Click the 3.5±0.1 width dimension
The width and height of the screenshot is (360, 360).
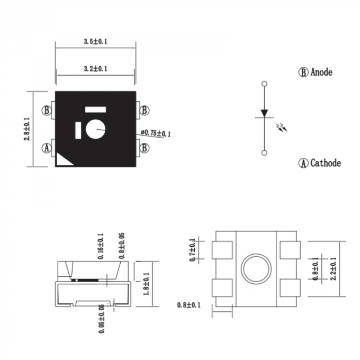(95, 41)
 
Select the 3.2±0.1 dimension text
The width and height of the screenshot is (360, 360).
(95, 69)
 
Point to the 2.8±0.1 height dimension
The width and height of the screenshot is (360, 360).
(27, 129)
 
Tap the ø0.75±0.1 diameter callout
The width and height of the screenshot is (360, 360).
(156, 133)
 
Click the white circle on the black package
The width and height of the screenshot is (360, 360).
(95, 129)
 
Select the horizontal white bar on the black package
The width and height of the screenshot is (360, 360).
(95, 110)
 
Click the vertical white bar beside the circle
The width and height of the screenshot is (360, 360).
(78, 130)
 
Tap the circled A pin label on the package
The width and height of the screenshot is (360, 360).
(47, 148)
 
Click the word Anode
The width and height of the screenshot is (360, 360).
(321, 72)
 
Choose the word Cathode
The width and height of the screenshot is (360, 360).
(326, 163)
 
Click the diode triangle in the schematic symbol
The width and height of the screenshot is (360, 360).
(264, 113)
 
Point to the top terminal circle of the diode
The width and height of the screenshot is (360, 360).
(264, 84)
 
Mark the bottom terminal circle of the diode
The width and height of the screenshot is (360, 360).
(264, 153)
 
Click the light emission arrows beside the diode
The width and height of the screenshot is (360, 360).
(282, 128)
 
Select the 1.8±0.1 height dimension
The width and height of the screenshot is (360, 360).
(146, 284)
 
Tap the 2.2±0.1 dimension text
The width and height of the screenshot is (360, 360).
(333, 268)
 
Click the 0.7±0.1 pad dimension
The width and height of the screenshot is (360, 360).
(192, 250)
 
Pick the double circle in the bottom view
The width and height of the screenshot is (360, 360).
(256, 268)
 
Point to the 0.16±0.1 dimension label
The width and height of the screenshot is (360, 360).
(101, 246)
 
